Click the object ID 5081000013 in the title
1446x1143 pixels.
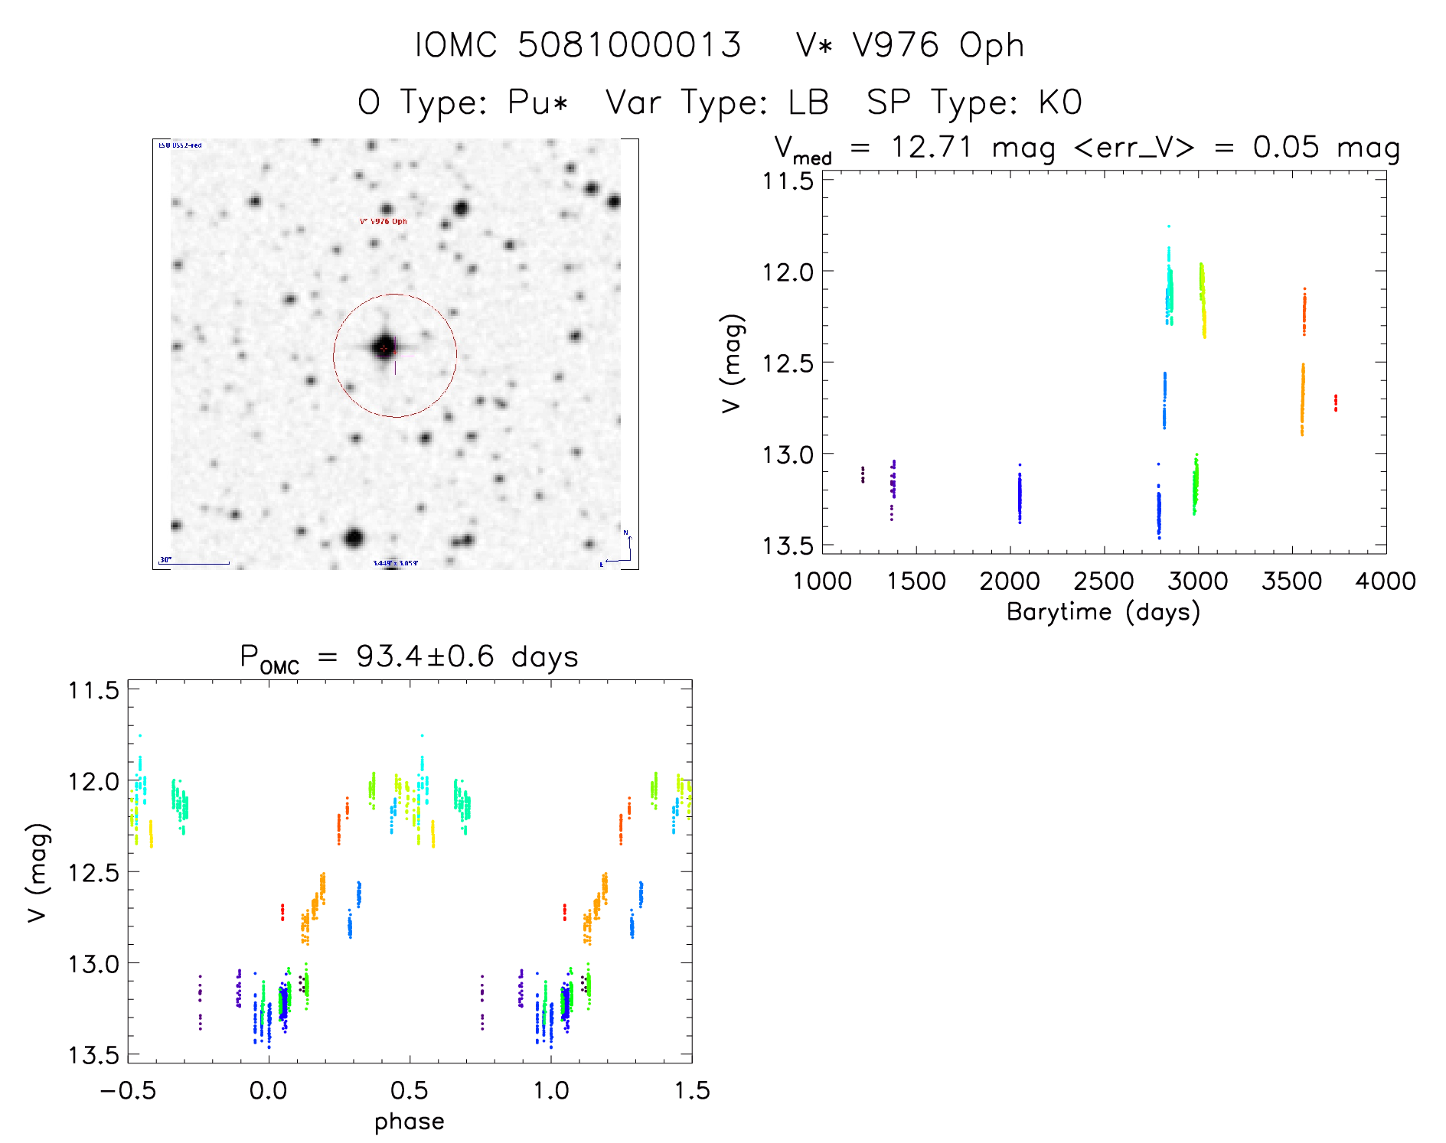[x=629, y=45]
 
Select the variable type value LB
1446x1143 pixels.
[x=808, y=103]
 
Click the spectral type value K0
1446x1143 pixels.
[x=1060, y=103]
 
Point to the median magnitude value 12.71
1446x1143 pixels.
[x=931, y=146]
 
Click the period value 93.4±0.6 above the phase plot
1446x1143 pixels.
[x=426, y=656]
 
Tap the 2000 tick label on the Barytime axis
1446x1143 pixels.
[x=1010, y=581]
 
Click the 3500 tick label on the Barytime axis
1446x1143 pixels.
[x=1291, y=581]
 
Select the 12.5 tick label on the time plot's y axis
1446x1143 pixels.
[x=788, y=363]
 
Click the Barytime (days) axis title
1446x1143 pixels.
[x=1103, y=612]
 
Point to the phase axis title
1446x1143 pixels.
[x=410, y=1121]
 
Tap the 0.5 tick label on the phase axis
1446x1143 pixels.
[x=410, y=1090]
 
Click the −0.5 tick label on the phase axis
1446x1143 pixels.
[x=128, y=1090]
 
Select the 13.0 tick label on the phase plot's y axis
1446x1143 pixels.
[x=93, y=963]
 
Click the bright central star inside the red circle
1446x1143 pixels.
[x=384, y=347]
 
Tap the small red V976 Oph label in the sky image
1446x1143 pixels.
[x=384, y=221]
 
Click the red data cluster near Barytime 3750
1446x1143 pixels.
[x=1336, y=402]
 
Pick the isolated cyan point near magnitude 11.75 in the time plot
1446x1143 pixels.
[x=1169, y=226]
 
